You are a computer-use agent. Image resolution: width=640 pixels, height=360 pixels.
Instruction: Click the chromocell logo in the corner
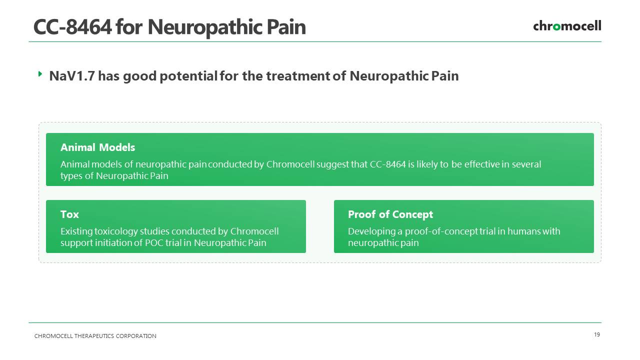(567, 26)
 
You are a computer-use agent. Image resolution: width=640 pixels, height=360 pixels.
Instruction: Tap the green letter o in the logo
(556, 27)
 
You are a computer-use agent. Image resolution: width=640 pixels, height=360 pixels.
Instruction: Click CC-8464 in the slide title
(72, 27)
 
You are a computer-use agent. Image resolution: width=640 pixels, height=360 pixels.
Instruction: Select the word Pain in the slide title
(286, 27)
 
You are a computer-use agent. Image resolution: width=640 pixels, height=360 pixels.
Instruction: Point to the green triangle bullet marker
(40, 74)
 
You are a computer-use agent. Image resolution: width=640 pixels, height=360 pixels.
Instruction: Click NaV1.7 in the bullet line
(71, 76)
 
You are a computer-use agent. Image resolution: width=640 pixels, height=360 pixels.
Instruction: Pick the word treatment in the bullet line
(297, 76)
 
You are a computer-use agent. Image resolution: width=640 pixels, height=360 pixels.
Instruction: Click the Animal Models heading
(97, 147)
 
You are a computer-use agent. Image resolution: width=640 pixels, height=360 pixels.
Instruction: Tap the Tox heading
(69, 214)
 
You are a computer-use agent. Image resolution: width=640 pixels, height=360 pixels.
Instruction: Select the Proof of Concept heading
(390, 214)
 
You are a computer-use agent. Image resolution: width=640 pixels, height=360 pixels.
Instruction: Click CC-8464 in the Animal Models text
(387, 164)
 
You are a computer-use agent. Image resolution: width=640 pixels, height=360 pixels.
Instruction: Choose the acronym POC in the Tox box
(154, 243)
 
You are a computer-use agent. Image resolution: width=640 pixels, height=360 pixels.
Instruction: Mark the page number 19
(597, 334)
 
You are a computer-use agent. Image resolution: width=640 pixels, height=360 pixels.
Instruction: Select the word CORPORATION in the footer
(136, 336)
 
